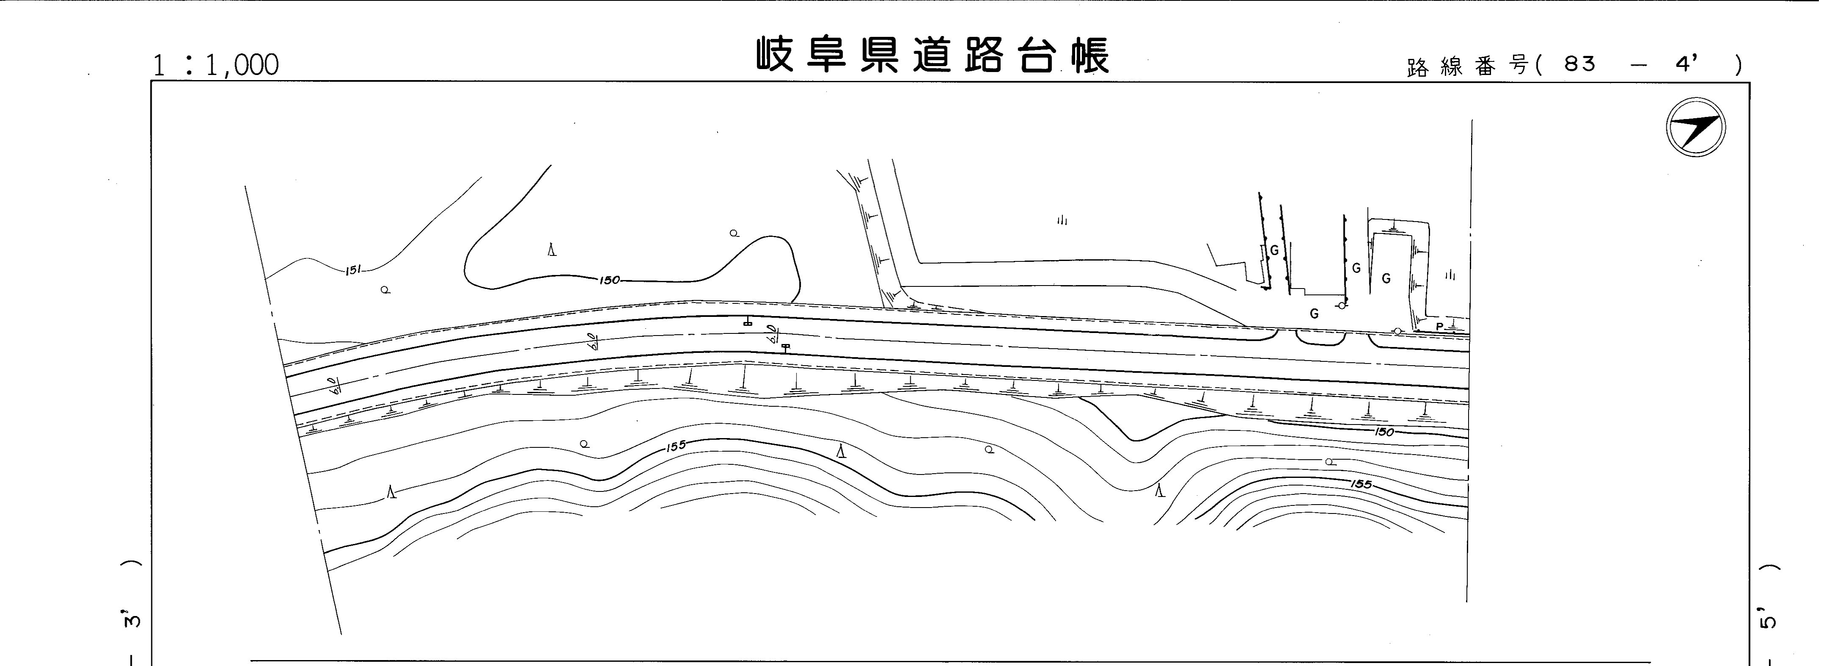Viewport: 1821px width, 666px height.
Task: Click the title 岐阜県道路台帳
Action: (932, 55)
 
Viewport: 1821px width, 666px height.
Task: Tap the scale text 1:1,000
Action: (216, 65)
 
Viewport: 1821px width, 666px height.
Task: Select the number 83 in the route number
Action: (1580, 64)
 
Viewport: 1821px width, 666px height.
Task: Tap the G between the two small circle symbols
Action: (1314, 314)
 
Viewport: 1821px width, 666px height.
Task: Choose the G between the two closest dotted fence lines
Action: (1274, 250)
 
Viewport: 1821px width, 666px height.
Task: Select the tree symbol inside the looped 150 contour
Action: (552, 250)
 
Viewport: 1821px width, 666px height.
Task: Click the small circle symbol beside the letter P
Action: (1397, 331)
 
